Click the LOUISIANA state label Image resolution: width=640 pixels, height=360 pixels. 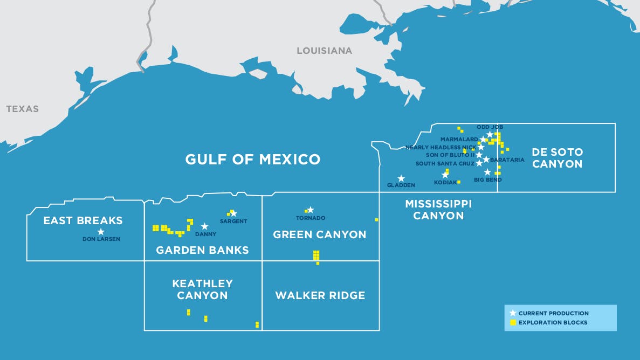[x=324, y=51]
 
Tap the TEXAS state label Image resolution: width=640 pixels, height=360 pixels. [x=23, y=109]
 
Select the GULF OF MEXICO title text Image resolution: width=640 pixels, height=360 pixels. [x=252, y=160]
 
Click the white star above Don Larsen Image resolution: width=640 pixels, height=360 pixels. [x=101, y=232]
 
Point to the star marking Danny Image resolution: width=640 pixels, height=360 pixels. [x=204, y=226]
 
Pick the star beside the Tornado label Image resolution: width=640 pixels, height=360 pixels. [x=310, y=210]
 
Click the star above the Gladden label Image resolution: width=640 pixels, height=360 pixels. [x=401, y=178]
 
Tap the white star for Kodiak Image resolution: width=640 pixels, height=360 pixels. [x=445, y=175]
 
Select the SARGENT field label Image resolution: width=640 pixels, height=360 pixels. [x=233, y=221]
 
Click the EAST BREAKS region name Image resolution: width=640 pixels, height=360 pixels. [x=83, y=220]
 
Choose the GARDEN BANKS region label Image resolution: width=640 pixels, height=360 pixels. [x=202, y=250]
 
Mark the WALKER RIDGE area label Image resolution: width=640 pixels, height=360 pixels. [x=320, y=295]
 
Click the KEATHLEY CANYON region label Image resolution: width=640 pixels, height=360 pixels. [x=202, y=289]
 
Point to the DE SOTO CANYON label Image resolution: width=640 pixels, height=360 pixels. [x=557, y=158]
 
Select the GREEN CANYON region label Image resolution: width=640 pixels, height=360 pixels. [x=319, y=234]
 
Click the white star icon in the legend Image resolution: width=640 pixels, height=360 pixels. [x=513, y=313]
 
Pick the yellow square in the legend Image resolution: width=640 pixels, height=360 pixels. [x=513, y=323]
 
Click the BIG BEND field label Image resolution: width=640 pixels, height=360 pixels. [x=487, y=180]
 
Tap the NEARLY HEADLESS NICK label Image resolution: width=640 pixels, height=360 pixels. [x=441, y=147]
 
